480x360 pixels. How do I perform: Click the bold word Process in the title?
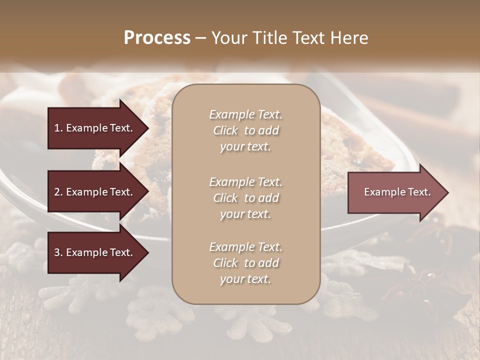pos(157,38)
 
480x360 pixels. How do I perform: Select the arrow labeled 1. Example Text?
pos(95,128)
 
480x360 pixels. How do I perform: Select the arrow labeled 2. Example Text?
pos(95,192)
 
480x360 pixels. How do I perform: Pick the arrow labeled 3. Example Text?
pos(95,252)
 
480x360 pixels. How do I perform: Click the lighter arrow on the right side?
pos(395,192)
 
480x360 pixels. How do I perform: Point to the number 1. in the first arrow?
pos(58,128)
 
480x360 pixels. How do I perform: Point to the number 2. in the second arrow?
pos(58,192)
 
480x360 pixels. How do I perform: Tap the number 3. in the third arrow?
pos(58,252)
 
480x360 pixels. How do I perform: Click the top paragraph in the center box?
pos(245,130)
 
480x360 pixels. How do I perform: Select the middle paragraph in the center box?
pos(245,197)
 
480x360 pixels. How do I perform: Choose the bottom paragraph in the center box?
pos(245,263)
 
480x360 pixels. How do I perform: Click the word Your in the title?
pos(229,38)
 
